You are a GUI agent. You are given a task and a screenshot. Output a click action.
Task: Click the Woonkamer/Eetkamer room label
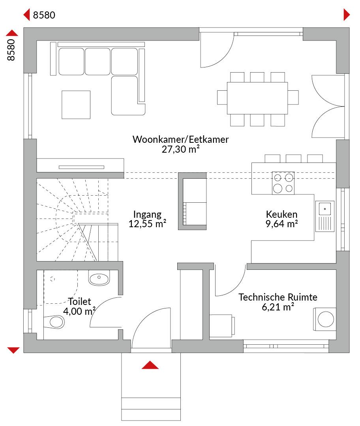point(180,139)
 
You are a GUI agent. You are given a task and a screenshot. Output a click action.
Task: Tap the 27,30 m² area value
point(180,149)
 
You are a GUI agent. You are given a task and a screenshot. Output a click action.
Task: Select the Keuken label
point(281,214)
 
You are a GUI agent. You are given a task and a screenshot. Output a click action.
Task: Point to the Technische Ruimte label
point(278,297)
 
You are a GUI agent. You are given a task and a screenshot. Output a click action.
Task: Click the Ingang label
point(147,215)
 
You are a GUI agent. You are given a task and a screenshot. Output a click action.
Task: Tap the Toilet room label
point(79,301)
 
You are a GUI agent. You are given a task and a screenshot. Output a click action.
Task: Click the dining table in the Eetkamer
point(257,98)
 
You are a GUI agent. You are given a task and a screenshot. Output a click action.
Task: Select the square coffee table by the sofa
point(76,105)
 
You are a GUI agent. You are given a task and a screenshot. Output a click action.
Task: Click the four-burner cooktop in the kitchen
point(283,183)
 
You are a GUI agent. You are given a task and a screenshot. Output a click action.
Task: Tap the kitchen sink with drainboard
point(325,216)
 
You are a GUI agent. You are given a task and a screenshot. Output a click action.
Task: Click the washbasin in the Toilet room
point(99,278)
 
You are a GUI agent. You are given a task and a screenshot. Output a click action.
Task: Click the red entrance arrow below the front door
point(150,365)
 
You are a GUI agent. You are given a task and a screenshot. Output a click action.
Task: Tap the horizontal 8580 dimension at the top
point(44,15)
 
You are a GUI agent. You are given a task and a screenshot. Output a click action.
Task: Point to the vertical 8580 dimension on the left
point(11,50)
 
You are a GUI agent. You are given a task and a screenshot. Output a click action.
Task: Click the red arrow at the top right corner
point(347,15)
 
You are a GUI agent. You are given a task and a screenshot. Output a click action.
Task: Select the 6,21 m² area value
point(278,307)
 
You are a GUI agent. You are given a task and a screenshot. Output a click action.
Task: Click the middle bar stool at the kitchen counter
point(293,159)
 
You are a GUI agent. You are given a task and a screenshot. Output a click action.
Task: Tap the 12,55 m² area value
point(147,224)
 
